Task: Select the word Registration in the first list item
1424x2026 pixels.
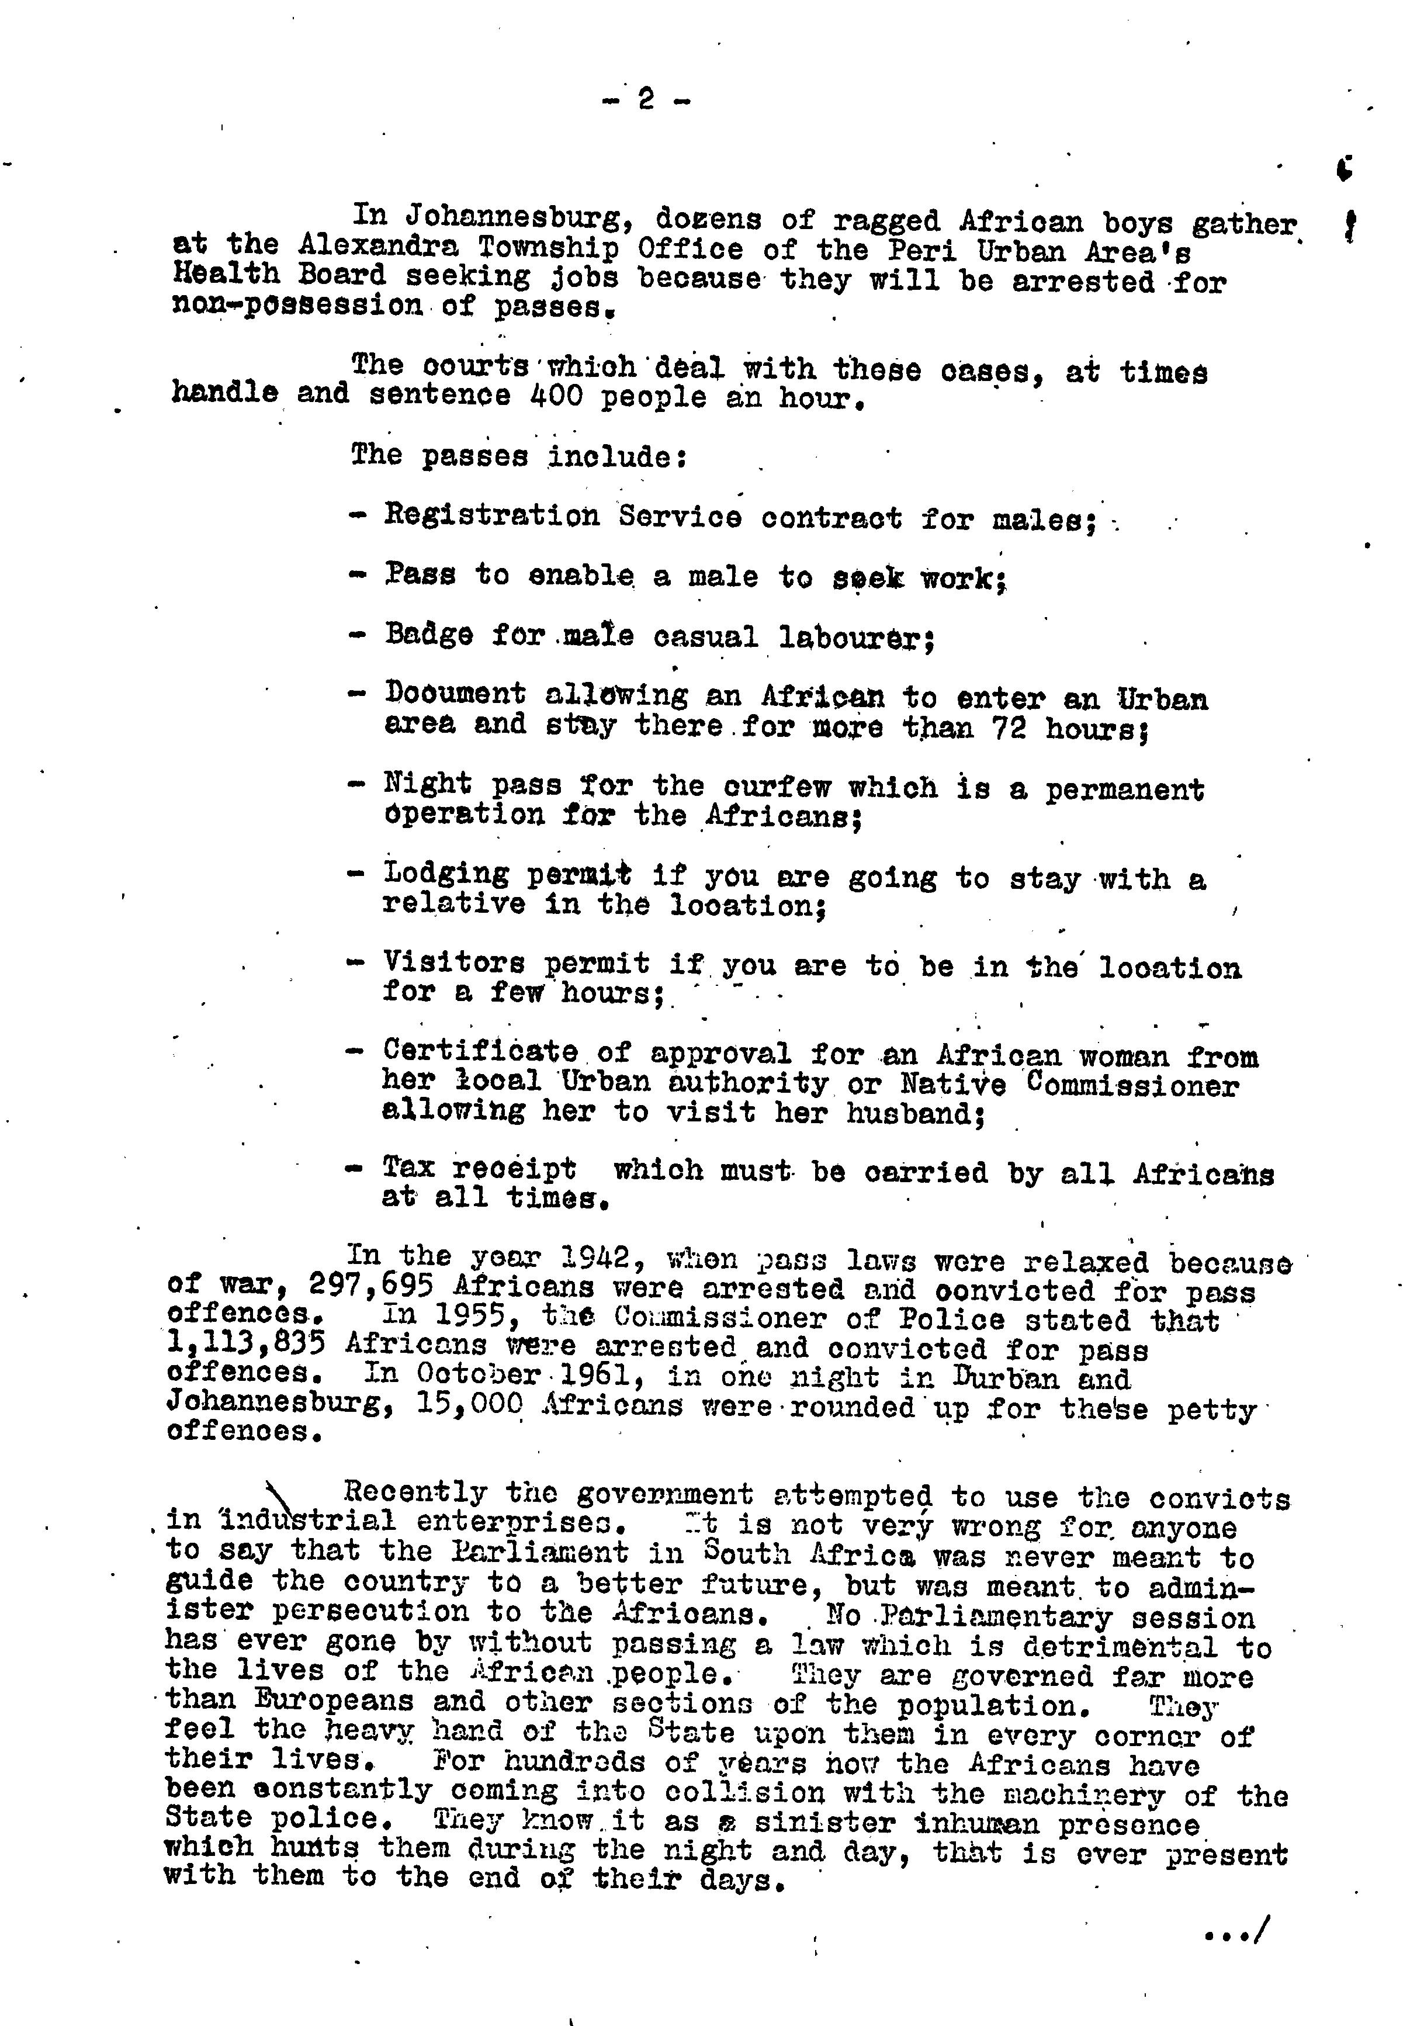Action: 491,516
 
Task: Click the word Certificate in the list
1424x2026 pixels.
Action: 480,1052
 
